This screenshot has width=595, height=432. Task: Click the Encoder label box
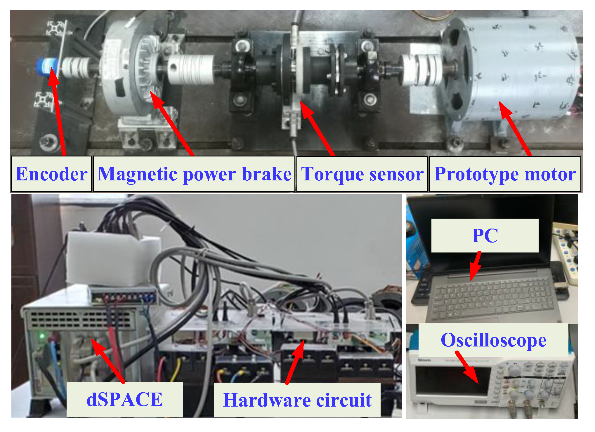click(51, 174)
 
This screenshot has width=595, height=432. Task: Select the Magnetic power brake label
click(194, 174)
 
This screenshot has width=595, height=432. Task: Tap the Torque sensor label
click(362, 174)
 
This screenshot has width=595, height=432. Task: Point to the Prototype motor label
click(505, 174)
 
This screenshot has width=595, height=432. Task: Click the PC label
click(485, 235)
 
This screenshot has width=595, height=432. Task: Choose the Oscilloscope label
click(493, 340)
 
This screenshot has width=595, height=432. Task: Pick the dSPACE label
click(125, 399)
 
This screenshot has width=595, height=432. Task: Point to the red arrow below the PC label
click(475, 266)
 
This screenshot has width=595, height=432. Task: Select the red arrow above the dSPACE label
click(108, 360)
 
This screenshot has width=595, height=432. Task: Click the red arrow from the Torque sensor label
click(317, 128)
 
